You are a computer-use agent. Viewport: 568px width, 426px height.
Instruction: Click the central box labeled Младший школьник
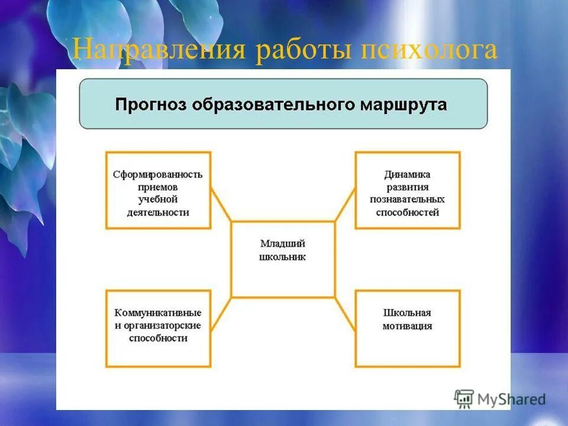pyautogui.click(x=283, y=259)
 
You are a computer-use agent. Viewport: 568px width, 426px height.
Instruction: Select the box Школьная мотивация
pyautogui.click(x=407, y=328)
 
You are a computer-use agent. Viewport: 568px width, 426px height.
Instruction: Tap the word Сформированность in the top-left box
pyautogui.click(x=158, y=175)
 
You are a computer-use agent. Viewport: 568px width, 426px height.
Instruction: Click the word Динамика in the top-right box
pyautogui.click(x=407, y=175)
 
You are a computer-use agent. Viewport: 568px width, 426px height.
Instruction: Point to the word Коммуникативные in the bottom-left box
pyautogui.click(x=158, y=312)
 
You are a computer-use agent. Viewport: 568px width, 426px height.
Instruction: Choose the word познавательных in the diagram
pyautogui.click(x=407, y=199)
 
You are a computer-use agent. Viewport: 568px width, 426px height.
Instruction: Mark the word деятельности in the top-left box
pyautogui.click(x=158, y=212)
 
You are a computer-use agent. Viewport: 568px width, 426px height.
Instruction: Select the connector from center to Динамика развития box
pyautogui.click(x=345, y=205)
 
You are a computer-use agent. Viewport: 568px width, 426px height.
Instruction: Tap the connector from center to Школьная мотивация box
pyautogui.click(x=345, y=314)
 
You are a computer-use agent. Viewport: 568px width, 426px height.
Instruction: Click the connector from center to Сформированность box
pyautogui.click(x=221, y=205)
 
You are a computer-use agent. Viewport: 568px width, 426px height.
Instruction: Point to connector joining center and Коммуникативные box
pyautogui.click(x=221, y=314)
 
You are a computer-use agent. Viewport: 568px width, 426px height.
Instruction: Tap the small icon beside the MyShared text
pyautogui.click(x=464, y=398)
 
